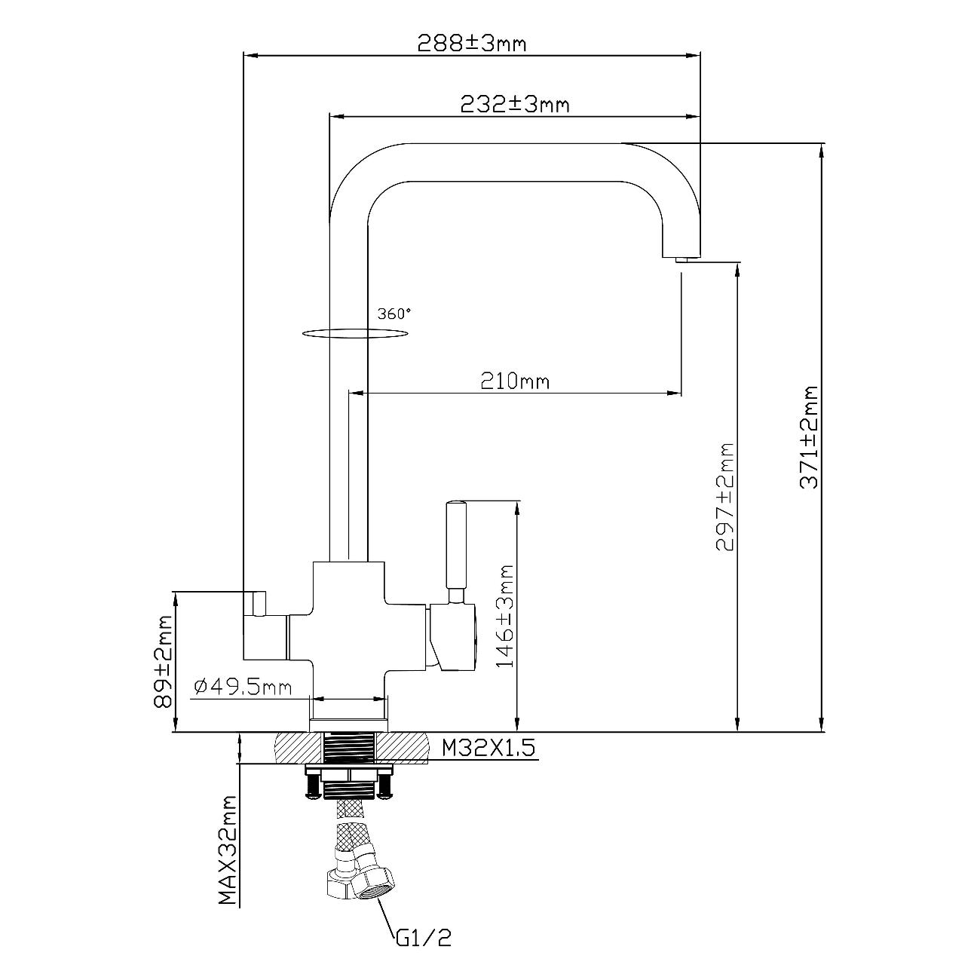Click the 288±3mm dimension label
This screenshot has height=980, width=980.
(471, 43)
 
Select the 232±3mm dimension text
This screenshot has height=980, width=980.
(515, 104)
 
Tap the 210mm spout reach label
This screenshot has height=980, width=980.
(515, 381)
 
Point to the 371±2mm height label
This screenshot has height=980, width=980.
(809, 437)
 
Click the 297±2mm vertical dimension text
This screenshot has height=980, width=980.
(724, 497)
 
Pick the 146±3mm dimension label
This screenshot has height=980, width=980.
(504, 616)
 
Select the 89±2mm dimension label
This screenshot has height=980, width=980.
(163, 662)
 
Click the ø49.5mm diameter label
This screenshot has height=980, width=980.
(243, 687)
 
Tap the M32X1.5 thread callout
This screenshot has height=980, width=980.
(488, 748)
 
